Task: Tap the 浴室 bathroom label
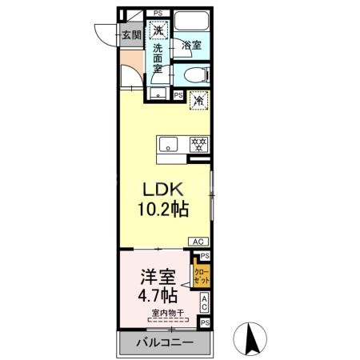coord(191,46)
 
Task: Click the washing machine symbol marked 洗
coord(159,30)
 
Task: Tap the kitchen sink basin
coord(168,144)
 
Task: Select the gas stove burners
coord(198,144)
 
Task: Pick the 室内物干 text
coord(166,313)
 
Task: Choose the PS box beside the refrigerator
coord(178,95)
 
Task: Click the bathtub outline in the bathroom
coord(191,24)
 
